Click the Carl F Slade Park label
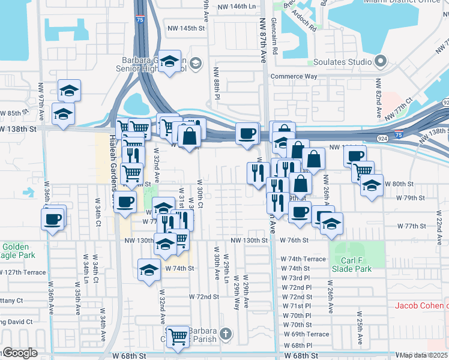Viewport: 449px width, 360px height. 358,265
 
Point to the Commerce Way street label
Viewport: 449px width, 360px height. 294,77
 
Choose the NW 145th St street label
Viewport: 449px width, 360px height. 187,28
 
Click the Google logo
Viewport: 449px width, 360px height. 19,353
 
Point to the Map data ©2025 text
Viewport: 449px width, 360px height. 424,355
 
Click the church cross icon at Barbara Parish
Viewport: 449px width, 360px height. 225,334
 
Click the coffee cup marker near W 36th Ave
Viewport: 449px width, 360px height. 53,217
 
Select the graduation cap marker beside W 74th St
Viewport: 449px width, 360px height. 149,270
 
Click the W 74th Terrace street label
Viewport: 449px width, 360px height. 303,259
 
